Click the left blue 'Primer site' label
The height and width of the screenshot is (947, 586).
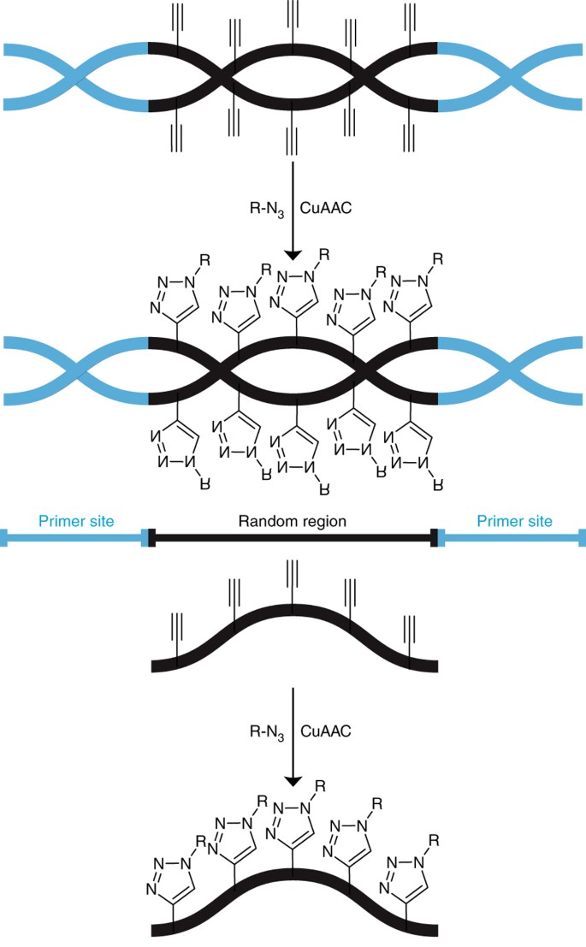78,521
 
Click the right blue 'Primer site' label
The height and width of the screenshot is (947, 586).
513,521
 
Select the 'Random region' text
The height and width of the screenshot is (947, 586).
294,521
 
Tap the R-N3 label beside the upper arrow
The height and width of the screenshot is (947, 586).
262,206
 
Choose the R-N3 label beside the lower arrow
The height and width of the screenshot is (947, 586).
262,732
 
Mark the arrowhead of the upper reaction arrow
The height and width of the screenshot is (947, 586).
293,254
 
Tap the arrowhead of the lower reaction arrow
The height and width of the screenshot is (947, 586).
293,780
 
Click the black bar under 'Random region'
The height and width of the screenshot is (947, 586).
294,538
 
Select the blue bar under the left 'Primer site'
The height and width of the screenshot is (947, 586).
77,538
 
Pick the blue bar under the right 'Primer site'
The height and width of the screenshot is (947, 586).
513,538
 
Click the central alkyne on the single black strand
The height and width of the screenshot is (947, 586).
293,582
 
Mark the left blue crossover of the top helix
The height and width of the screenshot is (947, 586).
78,76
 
